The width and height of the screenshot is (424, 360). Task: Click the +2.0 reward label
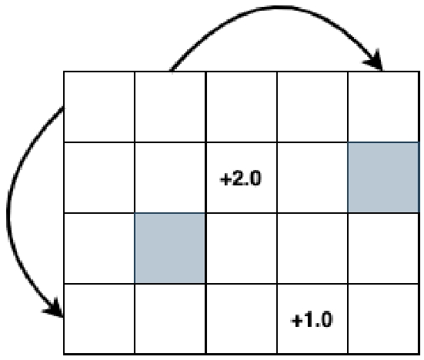pyautogui.click(x=241, y=178)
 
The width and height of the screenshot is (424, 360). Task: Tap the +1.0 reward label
pyautogui.click(x=312, y=320)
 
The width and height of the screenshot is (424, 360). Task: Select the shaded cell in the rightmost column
pyautogui.click(x=383, y=177)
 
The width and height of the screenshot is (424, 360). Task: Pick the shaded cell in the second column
pyautogui.click(x=170, y=248)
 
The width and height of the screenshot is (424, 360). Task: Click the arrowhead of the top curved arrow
pyautogui.click(x=375, y=61)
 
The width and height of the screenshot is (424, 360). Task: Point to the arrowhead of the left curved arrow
pyautogui.click(x=54, y=308)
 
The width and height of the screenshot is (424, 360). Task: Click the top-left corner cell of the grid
pyautogui.click(x=99, y=106)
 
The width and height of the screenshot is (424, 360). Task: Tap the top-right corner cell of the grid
pyautogui.click(x=383, y=106)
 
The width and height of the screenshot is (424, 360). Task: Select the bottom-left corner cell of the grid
pyautogui.click(x=99, y=318)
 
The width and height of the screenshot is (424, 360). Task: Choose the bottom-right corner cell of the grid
pyautogui.click(x=383, y=318)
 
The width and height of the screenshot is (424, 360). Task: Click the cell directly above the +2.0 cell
pyautogui.click(x=241, y=106)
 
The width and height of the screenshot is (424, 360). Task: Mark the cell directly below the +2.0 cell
pyautogui.click(x=241, y=248)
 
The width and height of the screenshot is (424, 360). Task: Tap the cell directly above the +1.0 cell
pyautogui.click(x=312, y=248)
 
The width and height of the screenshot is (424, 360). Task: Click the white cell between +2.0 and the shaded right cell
pyautogui.click(x=312, y=177)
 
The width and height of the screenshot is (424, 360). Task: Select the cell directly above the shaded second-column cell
pyautogui.click(x=170, y=177)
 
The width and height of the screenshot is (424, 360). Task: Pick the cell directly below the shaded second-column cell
pyautogui.click(x=170, y=318)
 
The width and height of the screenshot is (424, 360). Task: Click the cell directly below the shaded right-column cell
pyautogui.click(x=383, y=248)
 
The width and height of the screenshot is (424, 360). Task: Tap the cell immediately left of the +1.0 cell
pyautogui.click(x=241, y=318)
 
